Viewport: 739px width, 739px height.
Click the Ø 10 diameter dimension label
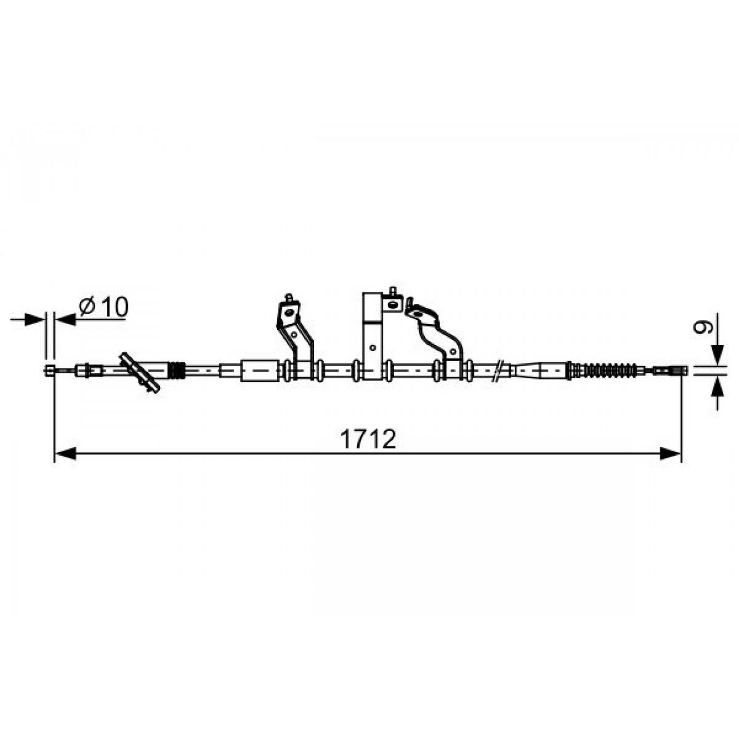pyautogui.click(x=103, y=307)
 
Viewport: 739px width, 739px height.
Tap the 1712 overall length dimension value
pyautogui.click(x=368, y=439)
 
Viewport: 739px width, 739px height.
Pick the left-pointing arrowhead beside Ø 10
pyautogui.click(x=65, y=319)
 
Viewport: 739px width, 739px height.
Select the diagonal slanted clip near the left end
pyautogui.click(x=140, y=372)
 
